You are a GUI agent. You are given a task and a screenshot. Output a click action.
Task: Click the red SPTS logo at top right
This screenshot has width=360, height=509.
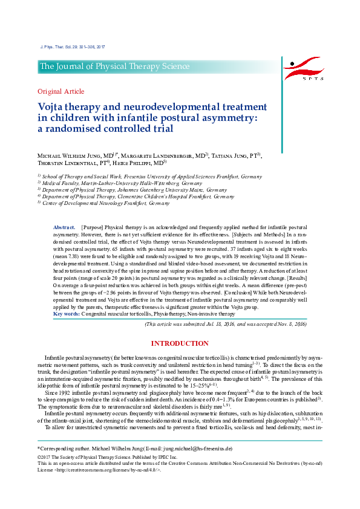(306, 68)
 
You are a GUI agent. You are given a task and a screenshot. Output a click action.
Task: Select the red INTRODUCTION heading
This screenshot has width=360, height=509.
(180, 343)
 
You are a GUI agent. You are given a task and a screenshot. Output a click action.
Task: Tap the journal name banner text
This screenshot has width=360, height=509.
(114, 66)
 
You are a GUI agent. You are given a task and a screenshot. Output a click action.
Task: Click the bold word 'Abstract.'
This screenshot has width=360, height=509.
(64, 225)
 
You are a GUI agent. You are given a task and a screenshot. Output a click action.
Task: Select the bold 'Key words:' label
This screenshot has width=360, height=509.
(66, 314)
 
